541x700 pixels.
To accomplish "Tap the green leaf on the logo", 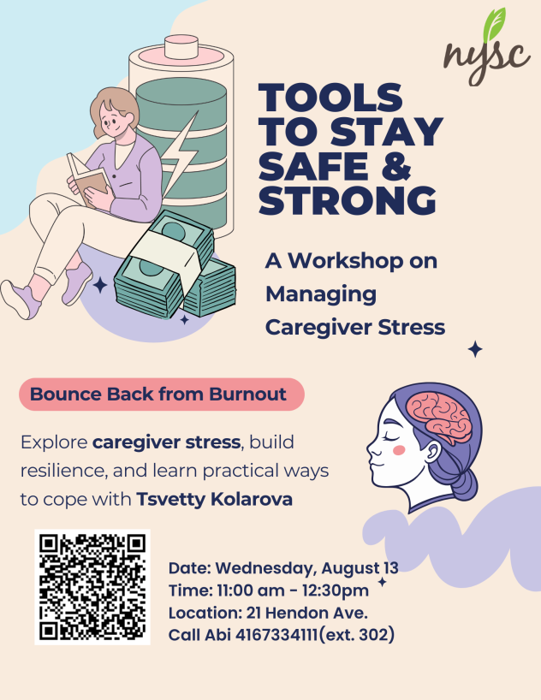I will (x=496, y=25).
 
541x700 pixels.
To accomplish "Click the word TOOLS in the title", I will (x=330, y=96).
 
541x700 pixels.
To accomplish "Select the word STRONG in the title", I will (x=347, y=199).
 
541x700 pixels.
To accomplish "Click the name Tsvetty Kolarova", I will (x=214, y=498).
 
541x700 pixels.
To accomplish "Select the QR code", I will (x=92, y=586).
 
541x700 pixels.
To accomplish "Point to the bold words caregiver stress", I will (x=166, y=443).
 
